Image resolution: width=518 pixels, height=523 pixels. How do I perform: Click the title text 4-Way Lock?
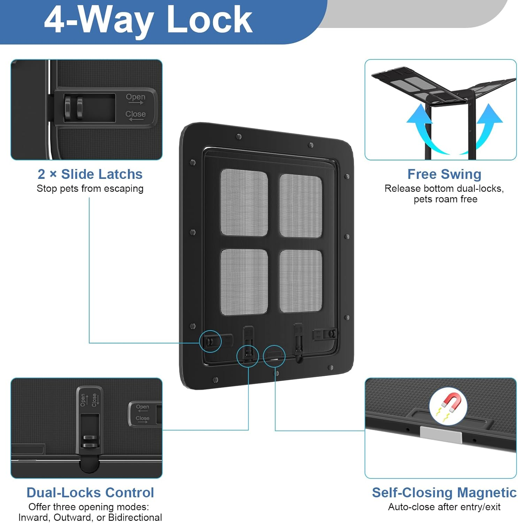point(148,20)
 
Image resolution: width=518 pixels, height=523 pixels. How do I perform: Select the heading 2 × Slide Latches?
point(90,174)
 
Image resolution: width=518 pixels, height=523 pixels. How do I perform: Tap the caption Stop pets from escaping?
point(90,189)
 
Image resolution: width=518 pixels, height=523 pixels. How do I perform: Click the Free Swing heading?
point(444,174)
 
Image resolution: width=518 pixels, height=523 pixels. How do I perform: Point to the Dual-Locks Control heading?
point(90,492)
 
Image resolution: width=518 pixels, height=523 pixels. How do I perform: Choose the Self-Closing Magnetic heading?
point(444,492)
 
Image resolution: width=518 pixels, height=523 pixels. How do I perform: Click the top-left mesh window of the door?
point(244,202)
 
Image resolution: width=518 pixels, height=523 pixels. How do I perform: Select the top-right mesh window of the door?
point(300,206)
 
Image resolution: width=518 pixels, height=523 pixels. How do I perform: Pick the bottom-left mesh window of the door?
point(244,282)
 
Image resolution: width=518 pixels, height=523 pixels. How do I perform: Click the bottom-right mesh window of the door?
point(300,281)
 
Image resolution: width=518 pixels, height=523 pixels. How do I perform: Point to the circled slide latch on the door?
point(210,341)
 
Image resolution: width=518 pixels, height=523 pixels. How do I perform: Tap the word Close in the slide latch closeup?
point(135,114)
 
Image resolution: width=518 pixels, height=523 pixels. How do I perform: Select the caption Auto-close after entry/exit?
point(444,507)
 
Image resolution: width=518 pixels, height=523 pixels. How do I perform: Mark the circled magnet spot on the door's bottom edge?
point(274,356)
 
